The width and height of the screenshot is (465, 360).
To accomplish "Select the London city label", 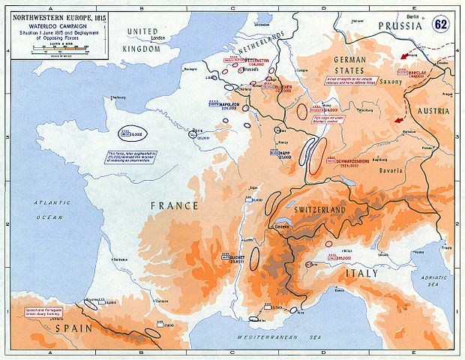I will tap(157, 38).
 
